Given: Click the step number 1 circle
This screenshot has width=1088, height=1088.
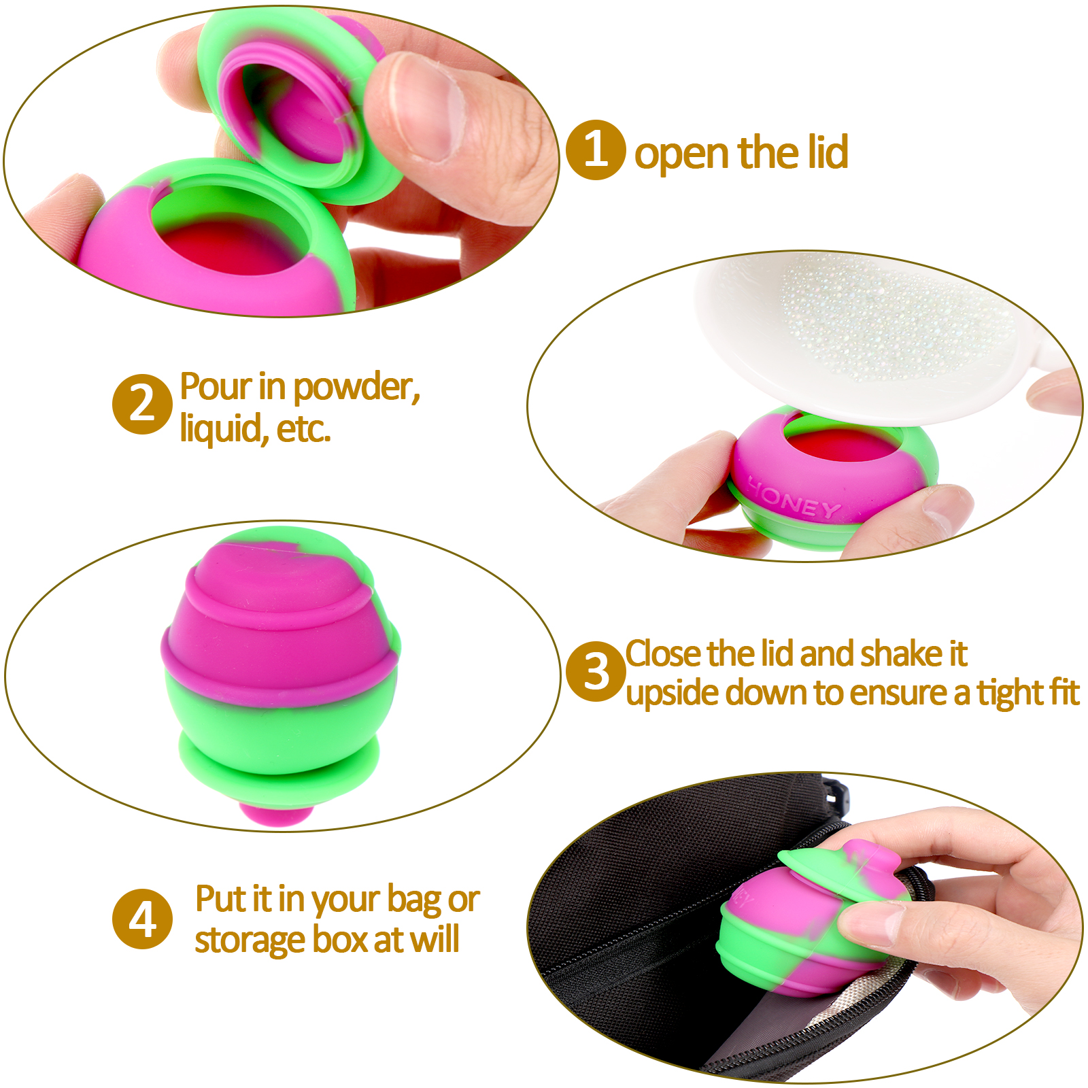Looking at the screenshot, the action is click(596, 150).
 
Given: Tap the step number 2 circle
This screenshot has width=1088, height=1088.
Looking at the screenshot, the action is click(142, 404).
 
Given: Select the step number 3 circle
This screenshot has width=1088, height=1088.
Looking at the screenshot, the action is click(596, 672).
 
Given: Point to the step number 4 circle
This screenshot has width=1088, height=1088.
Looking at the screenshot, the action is click(142, 919).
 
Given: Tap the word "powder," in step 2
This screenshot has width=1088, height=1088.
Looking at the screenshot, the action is click(358, 388).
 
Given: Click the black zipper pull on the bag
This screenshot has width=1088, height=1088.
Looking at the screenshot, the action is click(838, 796).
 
